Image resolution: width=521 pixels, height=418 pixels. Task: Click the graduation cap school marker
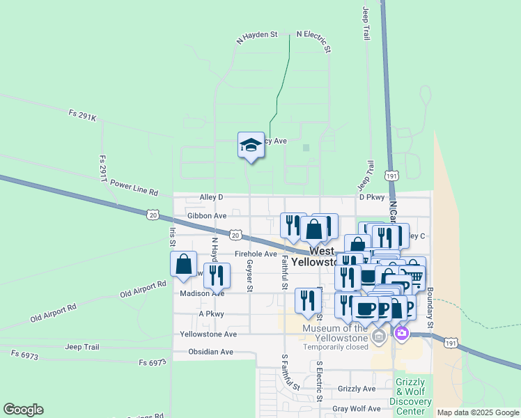pos(251,146)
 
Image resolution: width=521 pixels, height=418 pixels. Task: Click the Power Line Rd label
pos(134,188)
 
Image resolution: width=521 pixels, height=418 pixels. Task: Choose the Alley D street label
pos(211,197)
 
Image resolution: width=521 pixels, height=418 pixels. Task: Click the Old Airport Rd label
pos(143,288)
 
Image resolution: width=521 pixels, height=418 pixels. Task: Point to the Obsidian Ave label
pos(210,352)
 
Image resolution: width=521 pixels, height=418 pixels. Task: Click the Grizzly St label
pos(357,389)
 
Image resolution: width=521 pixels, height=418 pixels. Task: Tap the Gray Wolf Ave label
pos(356,409)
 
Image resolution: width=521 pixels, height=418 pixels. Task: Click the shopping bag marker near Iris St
pos(183,265)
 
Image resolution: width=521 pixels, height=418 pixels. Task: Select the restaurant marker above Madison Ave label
pos(217,276)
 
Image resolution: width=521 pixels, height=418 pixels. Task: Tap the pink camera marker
pos(401,334)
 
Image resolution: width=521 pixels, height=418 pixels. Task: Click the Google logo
pos(23,410)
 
